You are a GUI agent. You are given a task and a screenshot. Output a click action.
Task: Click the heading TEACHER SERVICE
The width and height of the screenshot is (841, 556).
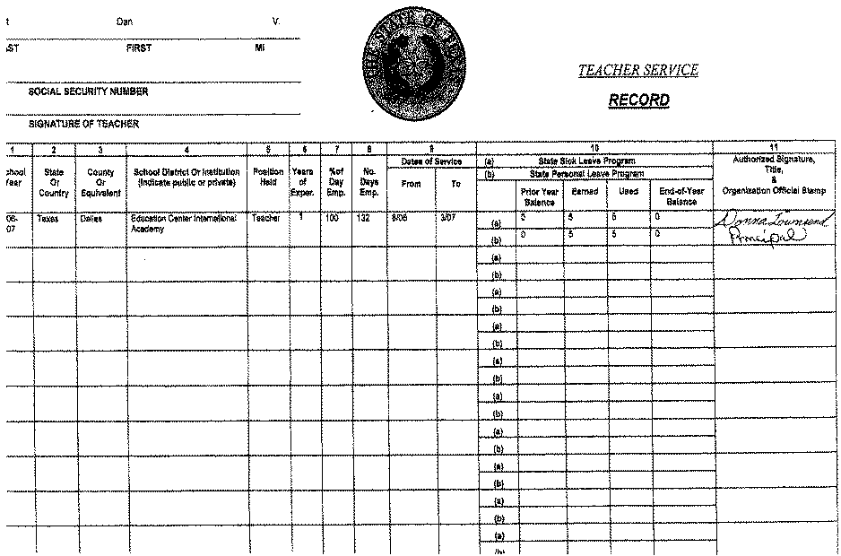click(x=637, y=71)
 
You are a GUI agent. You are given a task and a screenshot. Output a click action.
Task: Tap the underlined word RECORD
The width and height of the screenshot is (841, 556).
click(x=638, y=100)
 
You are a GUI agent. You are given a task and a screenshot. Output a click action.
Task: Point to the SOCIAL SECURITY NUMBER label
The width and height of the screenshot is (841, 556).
click(x=88, y=91)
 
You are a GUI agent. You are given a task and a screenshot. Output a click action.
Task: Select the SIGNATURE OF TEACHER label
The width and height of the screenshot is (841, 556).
click(x=83, y=125)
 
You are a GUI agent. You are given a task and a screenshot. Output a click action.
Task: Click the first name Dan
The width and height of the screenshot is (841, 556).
click(x=125, y=21)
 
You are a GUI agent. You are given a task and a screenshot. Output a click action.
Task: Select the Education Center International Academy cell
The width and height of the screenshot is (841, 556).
click(x=183, y=222)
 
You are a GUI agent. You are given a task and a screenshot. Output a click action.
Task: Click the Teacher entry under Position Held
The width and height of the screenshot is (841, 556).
click(x=266, y=218)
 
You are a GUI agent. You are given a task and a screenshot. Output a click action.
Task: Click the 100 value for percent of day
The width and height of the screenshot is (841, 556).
click(x=333, y=218)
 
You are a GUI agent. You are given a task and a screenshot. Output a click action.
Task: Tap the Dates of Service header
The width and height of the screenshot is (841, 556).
click(x=431, y=161)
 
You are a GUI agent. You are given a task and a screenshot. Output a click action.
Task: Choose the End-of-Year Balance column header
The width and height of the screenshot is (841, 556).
click(x=681, y=196)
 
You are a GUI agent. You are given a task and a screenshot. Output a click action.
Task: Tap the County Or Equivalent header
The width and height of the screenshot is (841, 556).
click(x=100, y=182)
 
